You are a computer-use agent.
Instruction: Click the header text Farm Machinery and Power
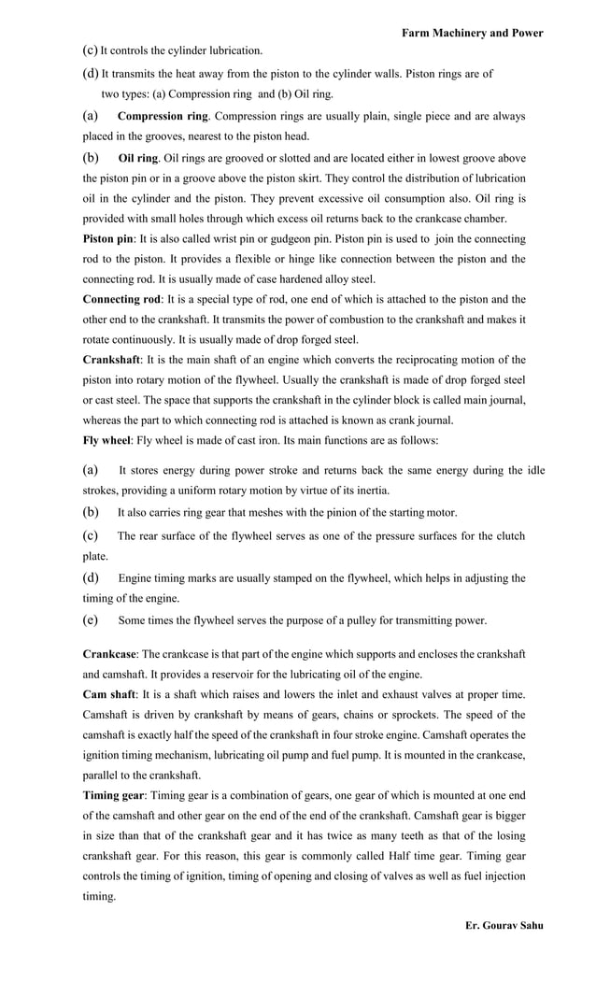(x=472, y=33)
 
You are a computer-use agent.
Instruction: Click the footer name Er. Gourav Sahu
(x=504, y=925)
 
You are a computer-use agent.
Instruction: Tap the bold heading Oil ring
(x=138, y=158)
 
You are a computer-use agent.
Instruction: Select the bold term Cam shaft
(x=109, y=693)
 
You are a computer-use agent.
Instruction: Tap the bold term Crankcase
(x=110, y=653)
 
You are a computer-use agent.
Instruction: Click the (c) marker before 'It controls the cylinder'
(x=90, y=50)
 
